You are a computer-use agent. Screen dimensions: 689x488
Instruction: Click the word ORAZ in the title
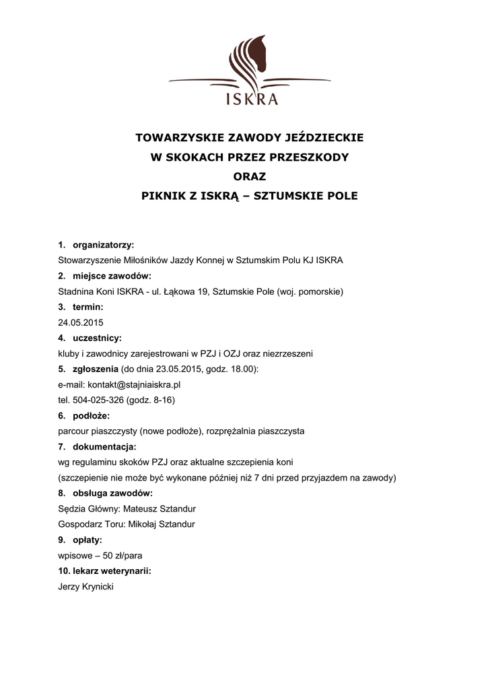point(250,177)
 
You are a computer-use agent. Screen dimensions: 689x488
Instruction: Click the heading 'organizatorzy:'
point(103,245)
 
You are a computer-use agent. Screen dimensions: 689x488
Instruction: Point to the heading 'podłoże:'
point(91,416)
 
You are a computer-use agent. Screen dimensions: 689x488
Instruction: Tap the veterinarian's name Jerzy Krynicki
point(86,587)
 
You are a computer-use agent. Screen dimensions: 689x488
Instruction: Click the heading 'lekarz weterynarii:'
point(111,571)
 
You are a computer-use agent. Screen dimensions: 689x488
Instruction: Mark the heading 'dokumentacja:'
point(104,447)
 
